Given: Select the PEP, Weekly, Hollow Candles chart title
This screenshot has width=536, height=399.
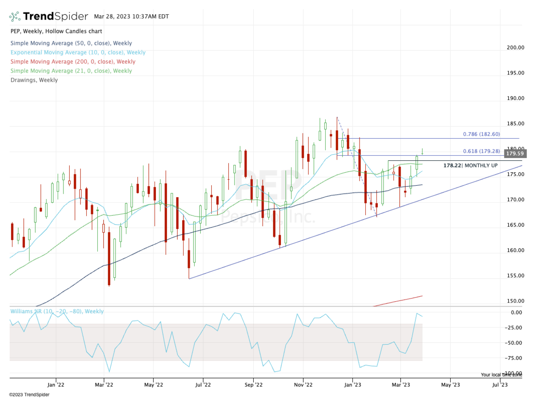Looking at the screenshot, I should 56,31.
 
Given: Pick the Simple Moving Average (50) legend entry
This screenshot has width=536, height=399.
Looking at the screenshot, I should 71,43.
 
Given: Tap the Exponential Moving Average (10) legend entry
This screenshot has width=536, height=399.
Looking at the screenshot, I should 78,52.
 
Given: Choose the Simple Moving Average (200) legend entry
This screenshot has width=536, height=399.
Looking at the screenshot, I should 73,62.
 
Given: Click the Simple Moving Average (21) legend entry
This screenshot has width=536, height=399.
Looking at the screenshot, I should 71,71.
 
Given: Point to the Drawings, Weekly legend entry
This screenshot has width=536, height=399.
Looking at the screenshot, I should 34,80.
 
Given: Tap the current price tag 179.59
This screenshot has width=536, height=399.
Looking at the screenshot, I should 515,154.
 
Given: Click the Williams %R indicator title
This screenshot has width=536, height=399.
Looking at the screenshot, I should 57,311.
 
